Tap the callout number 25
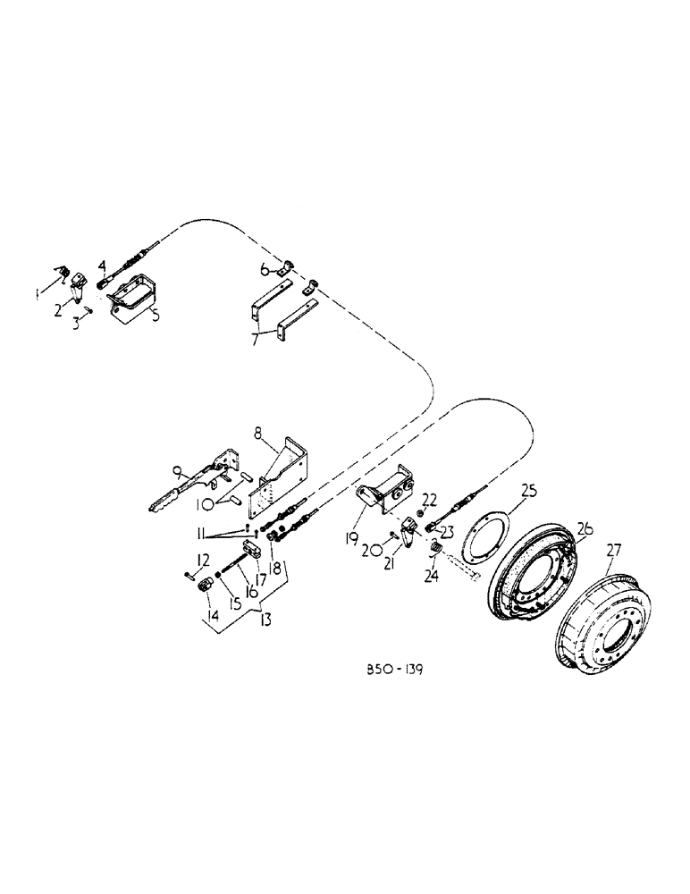click(x=528, y=491)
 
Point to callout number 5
click(x=155, y=315)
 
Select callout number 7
click(x=257, y=341)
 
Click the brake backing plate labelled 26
click(x=536, y=572)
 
